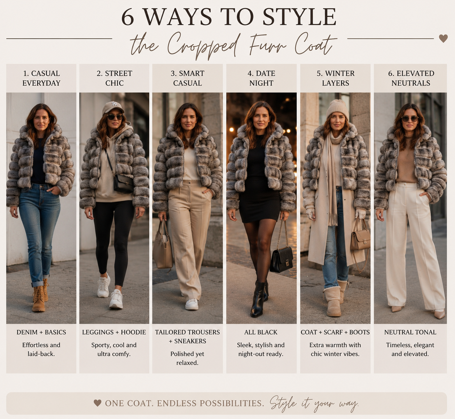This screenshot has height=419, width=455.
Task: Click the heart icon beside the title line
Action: (443, 38)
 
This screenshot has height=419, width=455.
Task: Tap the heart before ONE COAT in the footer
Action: (97, 403)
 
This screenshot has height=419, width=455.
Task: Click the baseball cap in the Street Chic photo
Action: (112, 108)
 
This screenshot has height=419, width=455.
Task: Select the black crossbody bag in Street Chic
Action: (123, 184)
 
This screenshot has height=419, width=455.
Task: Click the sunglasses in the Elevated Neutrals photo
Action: (410, 118)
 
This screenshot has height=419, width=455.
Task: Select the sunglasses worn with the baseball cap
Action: (115, 117)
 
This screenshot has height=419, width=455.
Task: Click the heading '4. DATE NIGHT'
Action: (261, 78)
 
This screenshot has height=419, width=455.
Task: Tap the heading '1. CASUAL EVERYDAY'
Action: (41, 78)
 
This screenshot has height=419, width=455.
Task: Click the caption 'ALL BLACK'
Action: (261, 332)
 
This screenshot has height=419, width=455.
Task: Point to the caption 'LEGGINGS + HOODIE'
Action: (114, 332)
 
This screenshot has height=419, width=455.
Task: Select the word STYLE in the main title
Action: (299, 17)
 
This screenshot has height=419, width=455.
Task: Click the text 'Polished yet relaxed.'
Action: (187, 358)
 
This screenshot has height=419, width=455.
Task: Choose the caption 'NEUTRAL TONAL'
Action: (410, 332)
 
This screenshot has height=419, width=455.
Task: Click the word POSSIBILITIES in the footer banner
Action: (232, 403)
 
